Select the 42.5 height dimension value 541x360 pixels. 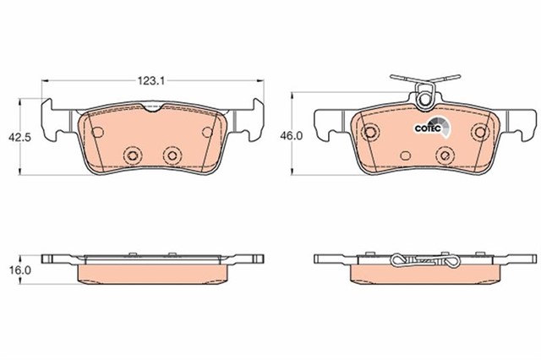[19, 137]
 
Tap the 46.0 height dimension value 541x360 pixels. [291, 136]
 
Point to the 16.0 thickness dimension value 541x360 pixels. [20, 270]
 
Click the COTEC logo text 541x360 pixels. [428, 128]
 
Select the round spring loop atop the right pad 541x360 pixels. [424, 100]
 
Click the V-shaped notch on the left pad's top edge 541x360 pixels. [152, 108]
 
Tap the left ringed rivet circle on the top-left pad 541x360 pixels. [133, 155]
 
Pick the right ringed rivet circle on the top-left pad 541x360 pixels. [172, 155]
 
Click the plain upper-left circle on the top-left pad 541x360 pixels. [98, 132]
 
